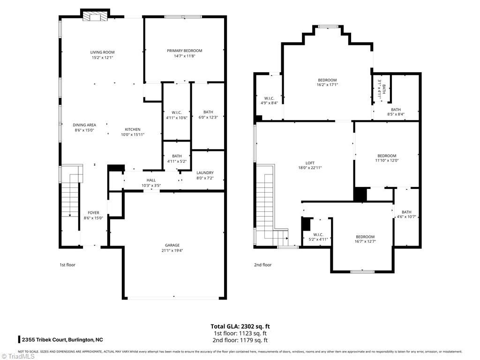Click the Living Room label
[x=102, y=52]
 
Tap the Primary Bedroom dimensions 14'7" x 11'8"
[x=184, y=56]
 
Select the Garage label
[x=172, y=245]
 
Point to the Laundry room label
[x=205, y=172]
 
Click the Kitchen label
[x=132, y=129]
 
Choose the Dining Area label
[x=84, y=125]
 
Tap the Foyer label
[x=93, y=212]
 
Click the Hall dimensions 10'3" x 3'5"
[x=151, y=185]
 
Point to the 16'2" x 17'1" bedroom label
[x=327, y=80]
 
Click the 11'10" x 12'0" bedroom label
[x=387, y=156]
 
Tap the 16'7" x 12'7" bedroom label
[x=365, y=237]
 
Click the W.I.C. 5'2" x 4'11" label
[x=318, y=234]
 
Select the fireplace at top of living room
[x=96, y=17]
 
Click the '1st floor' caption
[x=67, y=265]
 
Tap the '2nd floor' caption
[x=263, y=265]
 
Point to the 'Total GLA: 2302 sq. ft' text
[x=240, y=326]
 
